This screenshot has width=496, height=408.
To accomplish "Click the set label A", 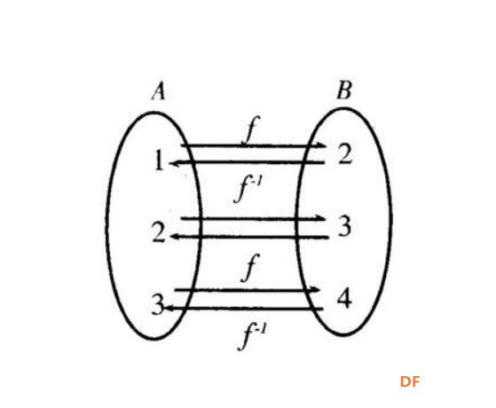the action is (159, 91).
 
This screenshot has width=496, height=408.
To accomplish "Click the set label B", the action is (344, 90).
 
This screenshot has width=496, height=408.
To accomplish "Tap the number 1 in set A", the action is (159, 160).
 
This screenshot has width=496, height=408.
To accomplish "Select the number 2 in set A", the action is (159, 232).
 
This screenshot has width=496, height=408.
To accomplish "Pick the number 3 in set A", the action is (158, 304).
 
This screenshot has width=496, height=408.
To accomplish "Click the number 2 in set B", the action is (345, 153).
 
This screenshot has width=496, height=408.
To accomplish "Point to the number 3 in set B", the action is (344, 226).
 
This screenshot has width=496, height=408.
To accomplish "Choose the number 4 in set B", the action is (344, 298).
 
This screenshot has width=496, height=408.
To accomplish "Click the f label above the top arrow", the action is (251, 130).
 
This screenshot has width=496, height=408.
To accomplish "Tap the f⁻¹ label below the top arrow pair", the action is (248, 189).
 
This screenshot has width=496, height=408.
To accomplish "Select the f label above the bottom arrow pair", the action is (250, 267).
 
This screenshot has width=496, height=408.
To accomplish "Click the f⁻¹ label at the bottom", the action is (252, 337).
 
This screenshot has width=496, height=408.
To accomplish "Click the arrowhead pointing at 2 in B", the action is (321, 145).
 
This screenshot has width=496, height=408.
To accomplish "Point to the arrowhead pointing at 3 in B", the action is (320, 218).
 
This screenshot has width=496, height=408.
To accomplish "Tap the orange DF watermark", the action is (410, 381).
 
